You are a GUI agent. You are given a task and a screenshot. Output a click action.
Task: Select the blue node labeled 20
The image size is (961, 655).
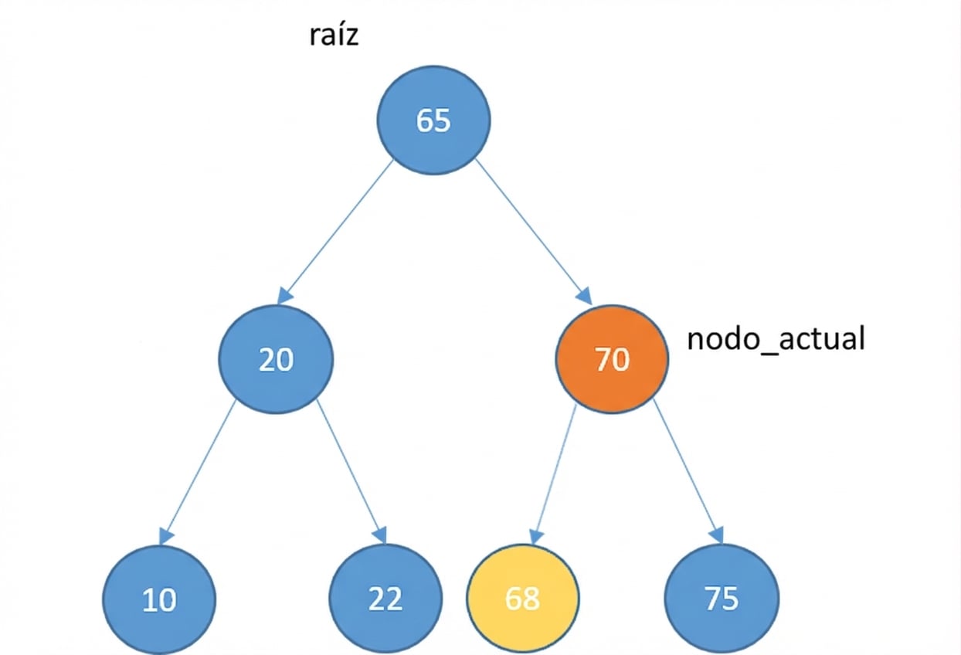coord(276,360)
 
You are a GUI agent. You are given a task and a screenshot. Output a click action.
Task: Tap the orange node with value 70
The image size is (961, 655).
coord(612,360)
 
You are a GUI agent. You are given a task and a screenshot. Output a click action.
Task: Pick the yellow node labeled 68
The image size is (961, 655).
coord(522,599)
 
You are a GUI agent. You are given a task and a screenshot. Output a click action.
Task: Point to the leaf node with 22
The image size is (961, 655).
coord(385,599)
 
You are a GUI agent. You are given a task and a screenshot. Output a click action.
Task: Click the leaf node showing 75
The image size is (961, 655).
coord(722,599)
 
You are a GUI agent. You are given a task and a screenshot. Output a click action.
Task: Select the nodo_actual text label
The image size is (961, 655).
coord(776,339)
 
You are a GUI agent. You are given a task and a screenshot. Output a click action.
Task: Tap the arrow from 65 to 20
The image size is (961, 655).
coord(337,231)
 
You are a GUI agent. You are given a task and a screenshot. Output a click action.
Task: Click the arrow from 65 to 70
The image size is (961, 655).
coord(533,231)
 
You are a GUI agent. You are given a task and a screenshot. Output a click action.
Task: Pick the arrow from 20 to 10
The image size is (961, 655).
coord(199,471)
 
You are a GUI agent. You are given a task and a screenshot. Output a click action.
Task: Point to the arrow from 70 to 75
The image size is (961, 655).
coord(688,471)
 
